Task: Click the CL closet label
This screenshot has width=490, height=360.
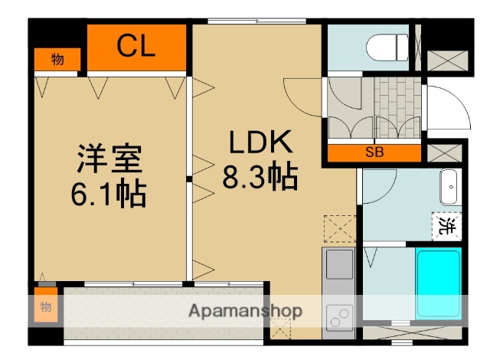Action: (136, 47)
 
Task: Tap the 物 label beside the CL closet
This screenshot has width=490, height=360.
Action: (57, 59)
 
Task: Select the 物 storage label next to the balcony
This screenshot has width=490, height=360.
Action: (45, 307)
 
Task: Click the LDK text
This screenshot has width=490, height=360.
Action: (259, 143)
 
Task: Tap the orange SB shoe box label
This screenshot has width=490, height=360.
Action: (374, 152)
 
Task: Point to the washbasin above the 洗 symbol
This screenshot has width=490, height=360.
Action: (449, 187)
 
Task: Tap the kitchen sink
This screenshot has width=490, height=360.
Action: (339, 265)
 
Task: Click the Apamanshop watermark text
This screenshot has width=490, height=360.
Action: (245, 311)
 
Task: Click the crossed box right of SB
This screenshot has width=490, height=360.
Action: (445, 152)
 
